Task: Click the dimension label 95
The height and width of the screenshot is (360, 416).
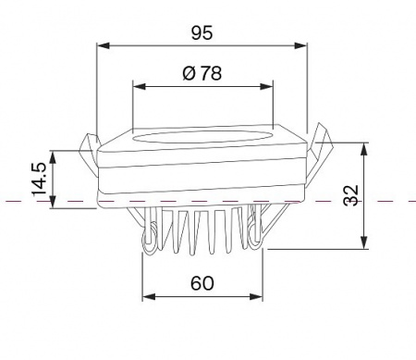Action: pyautogui.click(x=202, y=33)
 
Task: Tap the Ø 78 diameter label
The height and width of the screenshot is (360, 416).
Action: pyautogui.click(x=202, y=73)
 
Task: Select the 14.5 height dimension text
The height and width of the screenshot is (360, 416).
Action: pyautogui.click(x=40, y=180)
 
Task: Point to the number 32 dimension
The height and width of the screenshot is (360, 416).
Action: pyautogui.click(x=351, y=195)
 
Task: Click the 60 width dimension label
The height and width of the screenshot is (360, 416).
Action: pyautogui.click(x=202, y=283)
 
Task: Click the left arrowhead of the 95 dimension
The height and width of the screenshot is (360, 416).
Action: pyautogui.click(x=104, y=45)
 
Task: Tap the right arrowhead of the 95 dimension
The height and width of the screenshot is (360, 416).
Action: pyautogui.click(x=300, y=45)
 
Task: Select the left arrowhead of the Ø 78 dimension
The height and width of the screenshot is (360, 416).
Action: pyautogui.click(x=139, y=86)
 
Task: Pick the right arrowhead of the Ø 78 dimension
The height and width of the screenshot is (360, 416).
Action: pyautogui.click(x=266, y=86)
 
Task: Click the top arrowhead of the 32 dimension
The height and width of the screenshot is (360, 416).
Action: pyautogui.click(x=364, y=149)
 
